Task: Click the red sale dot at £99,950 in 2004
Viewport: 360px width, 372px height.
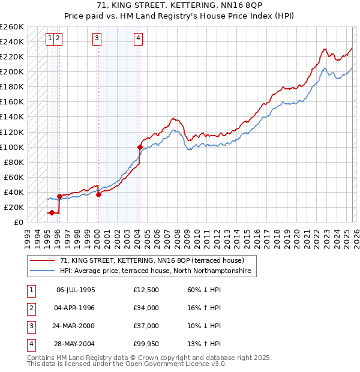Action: pyautogui.click(x=140, y=146)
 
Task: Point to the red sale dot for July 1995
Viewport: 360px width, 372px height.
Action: pyautogui.click(x=52, y=212)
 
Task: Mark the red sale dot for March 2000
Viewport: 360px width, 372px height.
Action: pyautogui.click(x=98, y=194)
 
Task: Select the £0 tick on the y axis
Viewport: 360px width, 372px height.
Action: pyautogui.click(x=19, y=222)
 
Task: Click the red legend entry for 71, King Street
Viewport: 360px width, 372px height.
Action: pyautogui.click(x=152, y=260)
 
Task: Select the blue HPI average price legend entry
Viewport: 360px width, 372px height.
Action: pyautogui.click(x=158, y=271)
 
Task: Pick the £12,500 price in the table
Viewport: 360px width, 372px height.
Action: pyautogui.click(x=146, y=290)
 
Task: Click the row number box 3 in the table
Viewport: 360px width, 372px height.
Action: pyautogui.click(x=31, y=326)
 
